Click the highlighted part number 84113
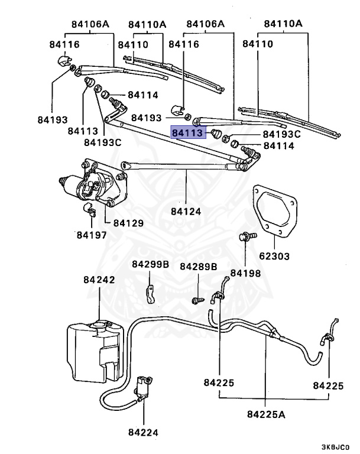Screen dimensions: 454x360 pos(187,133)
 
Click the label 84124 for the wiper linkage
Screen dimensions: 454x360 pos(186,210)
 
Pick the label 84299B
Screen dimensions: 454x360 pos(151,264)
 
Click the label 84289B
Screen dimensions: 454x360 pos(199,267)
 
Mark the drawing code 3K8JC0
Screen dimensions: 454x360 pos(335,447)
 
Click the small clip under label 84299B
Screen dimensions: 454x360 pos(151,292)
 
